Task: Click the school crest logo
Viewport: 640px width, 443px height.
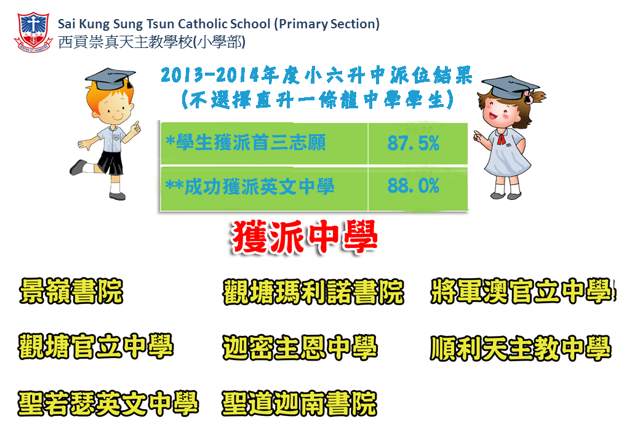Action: pos(33,32)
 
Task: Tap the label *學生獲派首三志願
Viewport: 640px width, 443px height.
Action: pos(246,143)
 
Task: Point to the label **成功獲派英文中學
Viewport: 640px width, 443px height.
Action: pos(250,187)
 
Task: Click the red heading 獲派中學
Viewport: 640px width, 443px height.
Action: pos(305,236)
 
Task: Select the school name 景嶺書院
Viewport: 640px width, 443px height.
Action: pos(71,291)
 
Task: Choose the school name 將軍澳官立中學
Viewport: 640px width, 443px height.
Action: pos(523,291)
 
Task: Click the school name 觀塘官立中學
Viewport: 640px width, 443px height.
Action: pos(97,347)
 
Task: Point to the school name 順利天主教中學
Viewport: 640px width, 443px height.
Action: pos(521,348)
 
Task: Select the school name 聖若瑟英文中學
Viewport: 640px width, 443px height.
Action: pos(108,404)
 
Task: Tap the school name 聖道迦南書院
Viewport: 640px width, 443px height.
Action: pos(299,404)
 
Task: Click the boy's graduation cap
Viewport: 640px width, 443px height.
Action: pos(110,78)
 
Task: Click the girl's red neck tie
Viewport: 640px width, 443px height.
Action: pos(501,139)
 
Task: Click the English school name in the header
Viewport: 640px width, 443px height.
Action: pos(219,24)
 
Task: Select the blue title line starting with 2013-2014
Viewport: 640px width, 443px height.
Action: pos(317,75)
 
